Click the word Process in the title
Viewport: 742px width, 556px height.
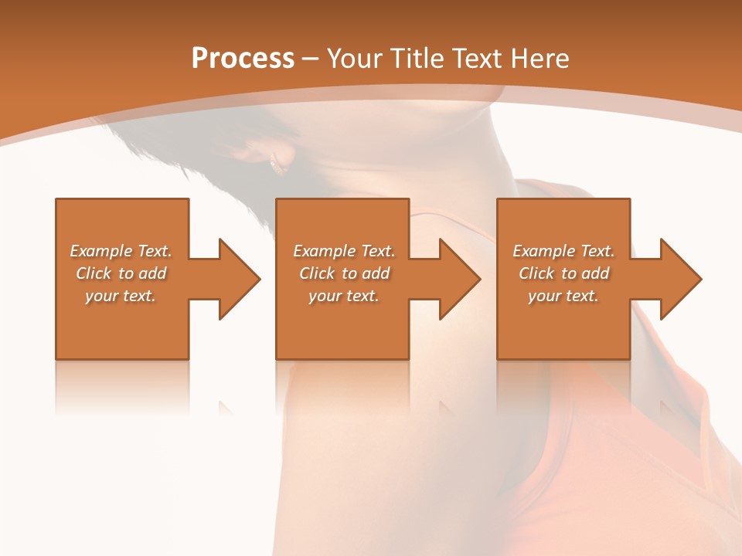[x=243, y=59]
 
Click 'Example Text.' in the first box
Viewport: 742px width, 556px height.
[x=121, y=251]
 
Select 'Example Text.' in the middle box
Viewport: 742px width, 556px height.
[x=344, y=251]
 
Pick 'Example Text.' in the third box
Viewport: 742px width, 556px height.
[x=563, y=251]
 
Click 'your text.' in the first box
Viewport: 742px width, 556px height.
[x=121, y=296]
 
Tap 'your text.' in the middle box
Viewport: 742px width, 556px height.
[x=344, y=296]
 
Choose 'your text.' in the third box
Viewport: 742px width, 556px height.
[x=563, y=296]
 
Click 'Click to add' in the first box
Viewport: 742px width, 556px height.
[x=121, y=273]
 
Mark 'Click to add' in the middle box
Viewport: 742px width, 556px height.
[x=344, y=273]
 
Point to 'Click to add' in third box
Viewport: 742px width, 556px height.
[x=563, y=273]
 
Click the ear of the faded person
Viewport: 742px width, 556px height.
[x=277, y=161]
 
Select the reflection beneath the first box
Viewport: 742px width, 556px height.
[x=122, y=386]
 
